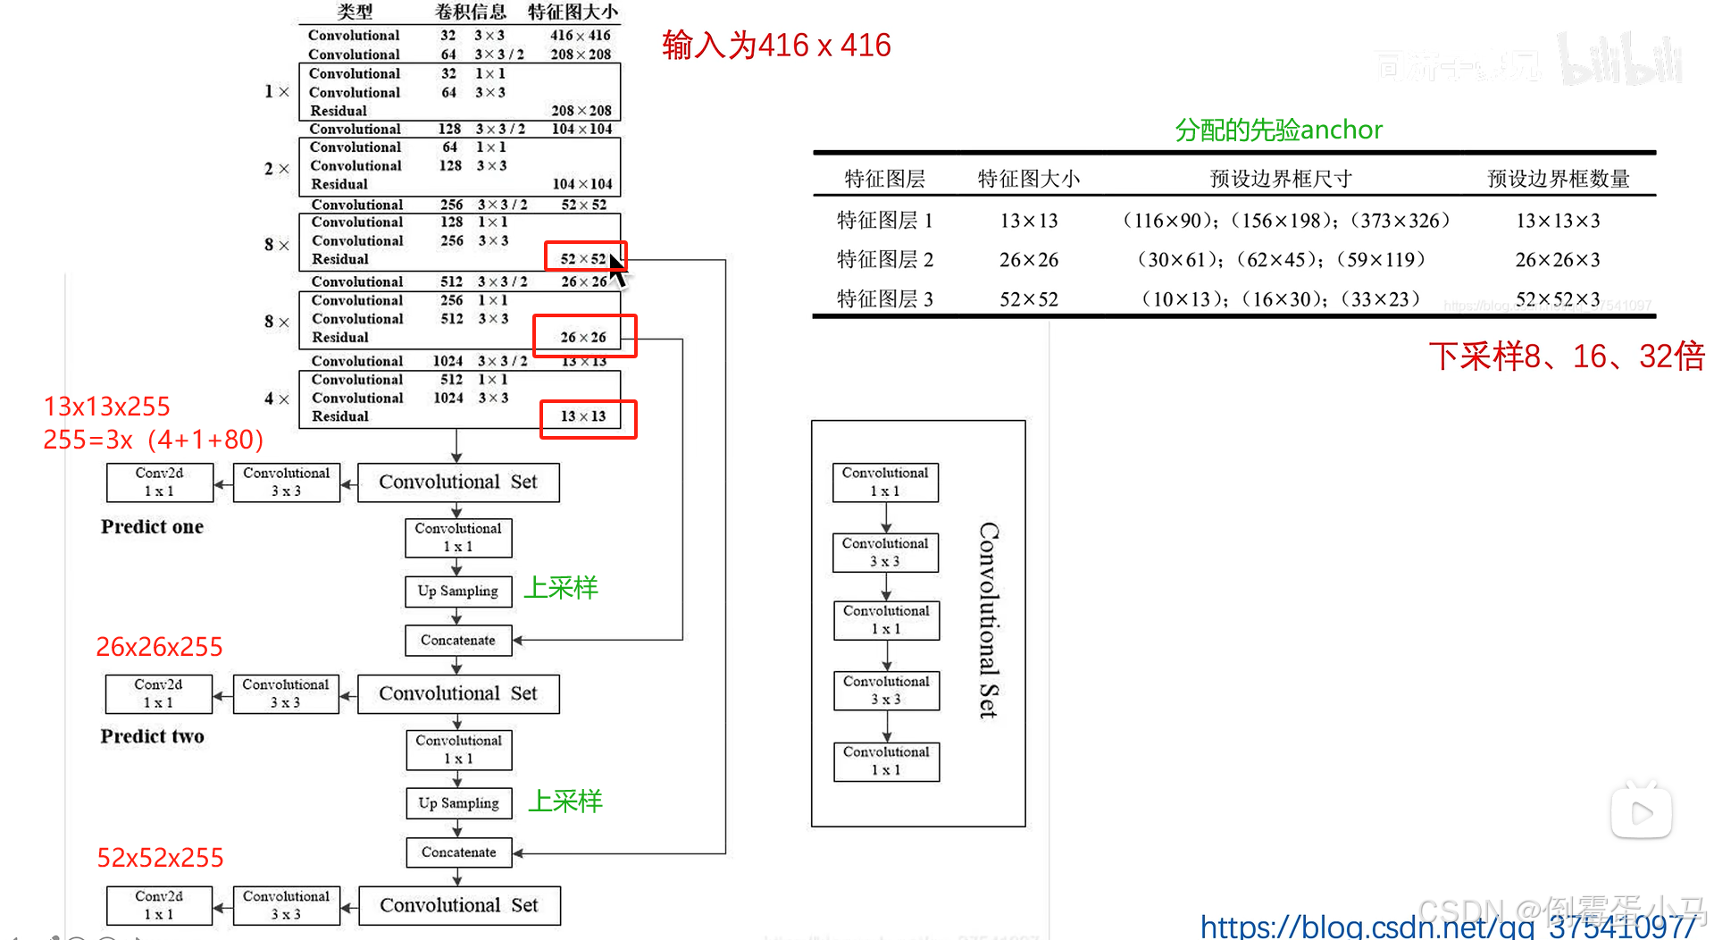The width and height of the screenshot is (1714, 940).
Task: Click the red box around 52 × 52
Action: [x=585, y=256]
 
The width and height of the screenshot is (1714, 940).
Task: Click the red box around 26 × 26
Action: [x=584, y=336]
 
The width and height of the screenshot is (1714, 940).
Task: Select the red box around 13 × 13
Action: [x=588, y=419]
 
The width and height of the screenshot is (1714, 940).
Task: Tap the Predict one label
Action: [x=152, y=526]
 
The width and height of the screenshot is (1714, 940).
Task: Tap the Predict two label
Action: [x=152, y=736]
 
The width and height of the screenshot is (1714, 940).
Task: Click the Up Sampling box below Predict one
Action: [x=458, y=591]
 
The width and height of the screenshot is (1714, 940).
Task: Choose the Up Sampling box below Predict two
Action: [x=458, y=803]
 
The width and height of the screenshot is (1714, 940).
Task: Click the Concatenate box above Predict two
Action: [x=458, y=640]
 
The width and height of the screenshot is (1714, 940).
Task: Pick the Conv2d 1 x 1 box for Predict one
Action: [x=160, y=482]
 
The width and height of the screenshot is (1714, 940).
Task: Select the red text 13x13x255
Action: [x=106, y=407]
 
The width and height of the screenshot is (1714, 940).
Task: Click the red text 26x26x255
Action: [x=159, y=647]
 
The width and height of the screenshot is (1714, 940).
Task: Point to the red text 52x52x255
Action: [x=160, y=858]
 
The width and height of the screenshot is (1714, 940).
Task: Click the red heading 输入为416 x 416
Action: [x=776, y=45]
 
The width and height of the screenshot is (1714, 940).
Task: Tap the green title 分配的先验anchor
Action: [x=1278, y=130]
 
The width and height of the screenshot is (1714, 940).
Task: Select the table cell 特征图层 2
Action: [x=884, y=259]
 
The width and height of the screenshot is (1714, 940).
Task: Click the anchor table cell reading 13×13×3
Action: [x=1558, y=221]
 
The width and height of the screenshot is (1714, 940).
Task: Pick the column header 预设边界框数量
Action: [x=1558, y=179]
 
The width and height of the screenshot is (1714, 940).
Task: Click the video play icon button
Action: [x=1641, y=812]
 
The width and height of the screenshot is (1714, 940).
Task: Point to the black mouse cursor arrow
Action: [x=617, y=270]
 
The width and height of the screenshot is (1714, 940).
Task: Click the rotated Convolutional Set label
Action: [x=988, y=620]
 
